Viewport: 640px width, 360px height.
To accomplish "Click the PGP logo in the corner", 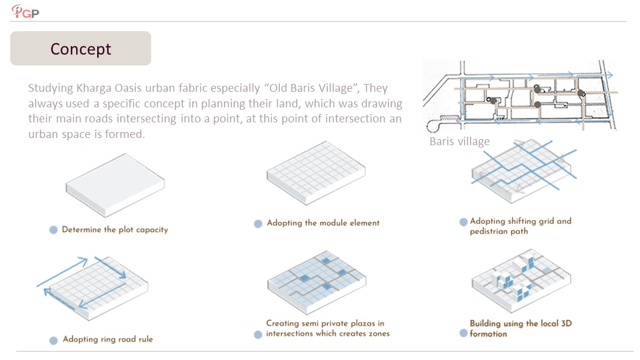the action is coord(25,11).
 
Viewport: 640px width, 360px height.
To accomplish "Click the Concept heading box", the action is coord(81,49).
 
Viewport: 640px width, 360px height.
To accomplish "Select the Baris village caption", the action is coord(459,142).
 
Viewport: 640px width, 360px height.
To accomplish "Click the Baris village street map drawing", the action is coord(520,97).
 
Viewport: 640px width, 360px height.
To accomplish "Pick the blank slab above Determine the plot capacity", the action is coord(115,185).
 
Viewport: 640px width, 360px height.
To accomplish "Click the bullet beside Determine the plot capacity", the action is coord(53,230).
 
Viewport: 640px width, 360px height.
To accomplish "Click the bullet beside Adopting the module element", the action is coord(258,224).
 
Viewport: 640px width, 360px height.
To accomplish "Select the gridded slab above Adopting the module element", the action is coord(316,173).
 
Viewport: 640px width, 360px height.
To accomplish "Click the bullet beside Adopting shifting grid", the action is coord(463,222).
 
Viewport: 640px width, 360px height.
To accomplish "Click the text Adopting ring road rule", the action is coord(108,339).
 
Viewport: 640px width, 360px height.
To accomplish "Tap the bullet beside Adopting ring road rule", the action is coord(53,340).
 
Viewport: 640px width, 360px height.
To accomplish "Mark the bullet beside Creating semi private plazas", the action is coord(258,335).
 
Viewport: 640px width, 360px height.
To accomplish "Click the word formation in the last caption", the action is coord(488,334).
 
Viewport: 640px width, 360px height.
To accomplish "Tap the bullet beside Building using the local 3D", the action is coord(463,333).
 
